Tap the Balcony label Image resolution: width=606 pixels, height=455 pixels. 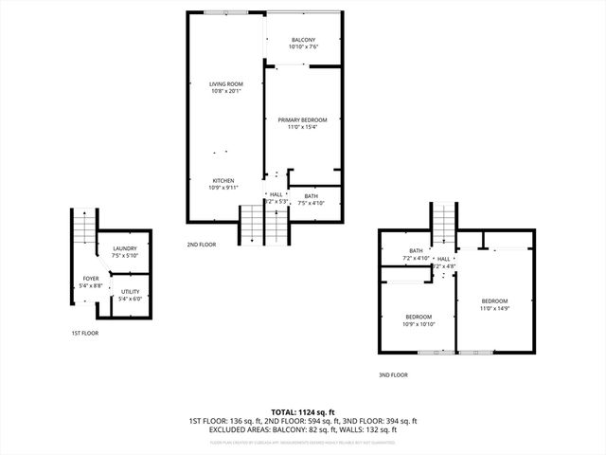pyautogui.click(x=303, y=39)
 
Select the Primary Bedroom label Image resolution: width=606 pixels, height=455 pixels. pyautogui.click(x=302, y=119)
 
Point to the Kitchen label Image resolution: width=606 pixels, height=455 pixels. pyautogui.click(x=223, y=180)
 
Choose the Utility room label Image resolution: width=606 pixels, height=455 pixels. pyautogui.click(x=131, y=292)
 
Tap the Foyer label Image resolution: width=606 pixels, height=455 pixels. pyautogui.click(x=90, y=279)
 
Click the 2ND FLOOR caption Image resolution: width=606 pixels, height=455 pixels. pyautogui.click(x=202, y=245)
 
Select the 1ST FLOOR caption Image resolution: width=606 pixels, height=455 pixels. pyautogui.click(x=84, y=333)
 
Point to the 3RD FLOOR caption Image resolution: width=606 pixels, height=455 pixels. pyautogui.click(x=392, y=374)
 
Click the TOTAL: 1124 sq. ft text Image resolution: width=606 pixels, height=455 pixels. pyautogui.click(x=303, y=411)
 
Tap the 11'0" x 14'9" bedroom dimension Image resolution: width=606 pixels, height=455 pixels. pyautogui.click(x=494, y=308)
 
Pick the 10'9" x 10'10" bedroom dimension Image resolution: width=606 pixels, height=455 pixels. pyautogui.click(x=419, y=324)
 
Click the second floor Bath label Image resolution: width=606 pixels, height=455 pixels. pyautogui.click(x=312, y=195)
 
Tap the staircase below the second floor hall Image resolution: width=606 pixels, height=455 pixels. pyautogui.click(x=252, y=224)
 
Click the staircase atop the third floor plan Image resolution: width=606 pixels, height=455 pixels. pyautogui.click(x=444, y=225)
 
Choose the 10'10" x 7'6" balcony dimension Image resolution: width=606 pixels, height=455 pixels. pyautogui.click(x=303, y=46)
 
